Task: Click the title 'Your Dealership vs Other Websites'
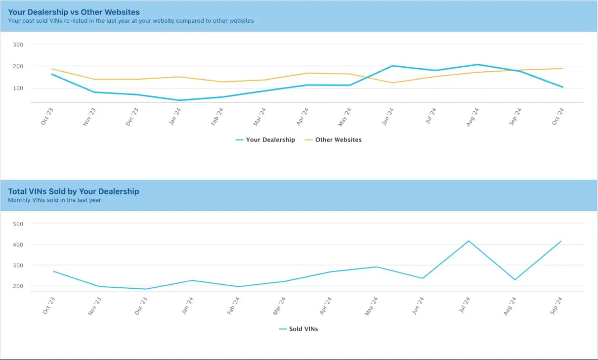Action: point(74,12)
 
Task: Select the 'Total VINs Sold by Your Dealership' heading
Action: point(74,191)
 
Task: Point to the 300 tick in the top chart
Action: point(18,45)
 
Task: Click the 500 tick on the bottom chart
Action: point(18,224)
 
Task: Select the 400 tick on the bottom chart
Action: point(18,244)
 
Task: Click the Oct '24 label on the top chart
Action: point(558,117)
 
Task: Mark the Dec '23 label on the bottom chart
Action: point(141,305)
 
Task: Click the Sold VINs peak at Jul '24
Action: point(468,241)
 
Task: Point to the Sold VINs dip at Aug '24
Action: point(514,280)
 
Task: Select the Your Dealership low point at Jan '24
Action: point(179,100)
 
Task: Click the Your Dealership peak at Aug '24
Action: point(477,64)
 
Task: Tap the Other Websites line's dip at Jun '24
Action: point(392,83)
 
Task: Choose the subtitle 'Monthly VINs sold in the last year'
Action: point(54,200)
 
